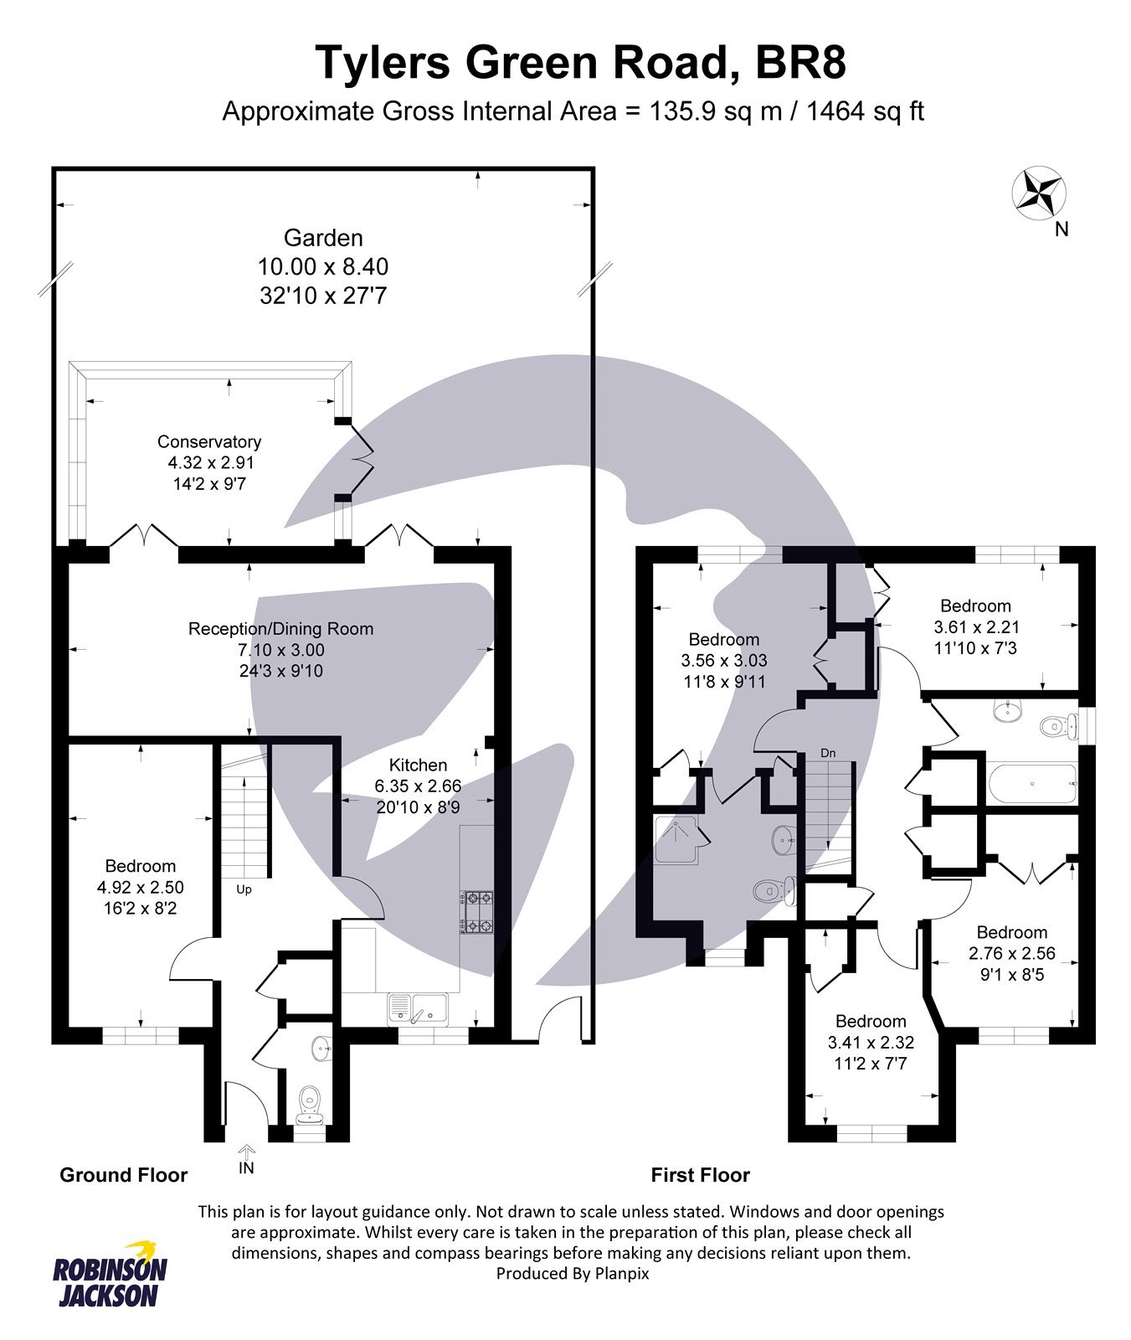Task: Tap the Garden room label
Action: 323,238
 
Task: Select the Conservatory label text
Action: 209,441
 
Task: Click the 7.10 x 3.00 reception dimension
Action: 281,650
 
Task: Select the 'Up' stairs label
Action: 244,889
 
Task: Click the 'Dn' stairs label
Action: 827,754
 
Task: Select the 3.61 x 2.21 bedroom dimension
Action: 976,626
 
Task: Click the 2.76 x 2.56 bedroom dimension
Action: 1011,953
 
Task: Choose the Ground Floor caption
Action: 124,1175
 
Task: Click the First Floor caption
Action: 700,1175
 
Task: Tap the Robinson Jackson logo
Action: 111,1274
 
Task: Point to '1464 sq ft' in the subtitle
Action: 865,111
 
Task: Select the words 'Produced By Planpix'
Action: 573,1274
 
